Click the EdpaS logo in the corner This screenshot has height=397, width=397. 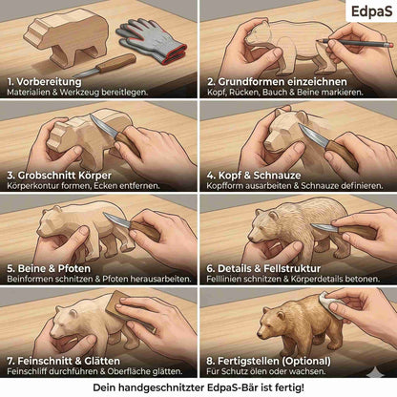click(371, 11)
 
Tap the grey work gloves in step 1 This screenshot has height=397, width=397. click(152, 40)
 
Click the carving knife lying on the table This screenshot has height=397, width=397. click(105, 66)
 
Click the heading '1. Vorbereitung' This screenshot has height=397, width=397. click(44, 82)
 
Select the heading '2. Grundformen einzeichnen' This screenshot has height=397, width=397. click(277, 82)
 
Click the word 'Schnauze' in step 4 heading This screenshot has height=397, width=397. click(277, 176)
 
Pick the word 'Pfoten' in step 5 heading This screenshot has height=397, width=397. click(74, 268)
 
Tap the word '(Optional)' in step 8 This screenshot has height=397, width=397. click(306, 361)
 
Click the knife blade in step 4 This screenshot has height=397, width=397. click(312, 136)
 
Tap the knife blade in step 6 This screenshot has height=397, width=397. click(324, 227)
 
